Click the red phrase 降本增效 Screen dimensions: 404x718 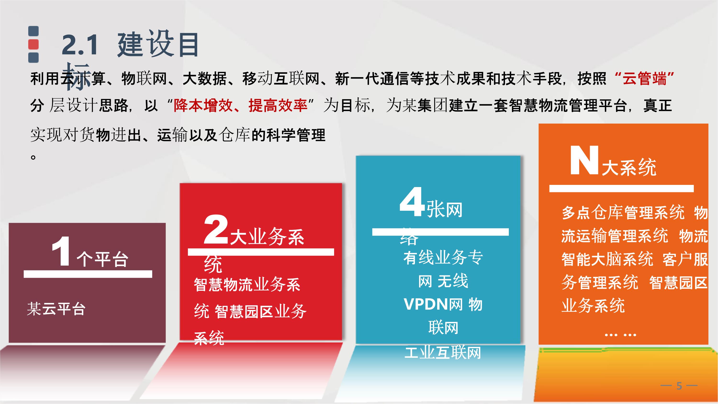(203, 106)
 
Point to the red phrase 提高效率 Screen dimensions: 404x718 (278, 106)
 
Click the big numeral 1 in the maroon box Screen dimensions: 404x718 (61, 251)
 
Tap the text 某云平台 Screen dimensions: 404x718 (56, 309)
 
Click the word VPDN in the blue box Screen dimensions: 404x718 (426, 304)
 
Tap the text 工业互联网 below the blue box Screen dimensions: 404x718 (443, 353)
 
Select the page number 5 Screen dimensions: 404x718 (679, 386)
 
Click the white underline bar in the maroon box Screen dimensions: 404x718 (88, 274)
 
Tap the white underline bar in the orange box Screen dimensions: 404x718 (621, 188)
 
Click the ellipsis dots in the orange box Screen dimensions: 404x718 (620, 335)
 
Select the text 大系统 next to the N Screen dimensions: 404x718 (629, 167)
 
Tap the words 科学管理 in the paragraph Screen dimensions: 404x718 (296, 135)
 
